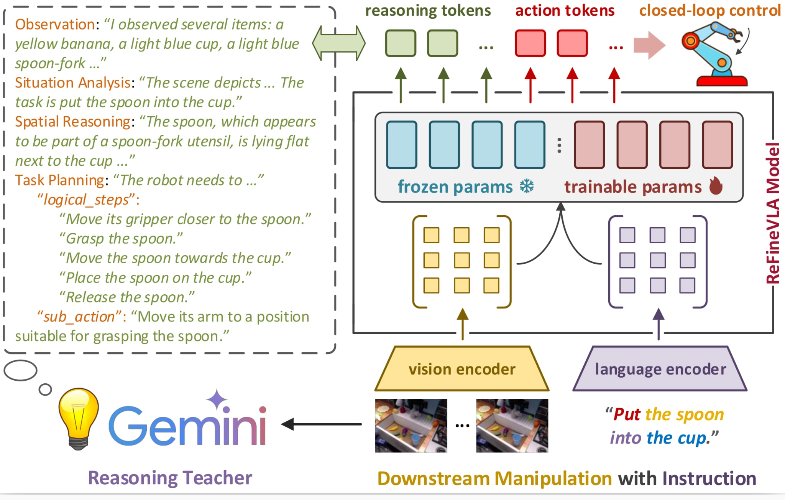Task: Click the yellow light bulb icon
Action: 79,418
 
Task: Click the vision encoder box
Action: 462,369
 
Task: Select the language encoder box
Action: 660,369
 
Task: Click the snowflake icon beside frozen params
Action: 527,186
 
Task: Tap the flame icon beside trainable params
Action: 716,186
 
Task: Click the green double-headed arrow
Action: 339,43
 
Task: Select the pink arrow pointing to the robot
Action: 649,45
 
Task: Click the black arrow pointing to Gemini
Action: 321,424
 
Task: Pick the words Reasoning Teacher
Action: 170,478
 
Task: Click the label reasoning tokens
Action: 428,11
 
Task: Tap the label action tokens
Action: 565,11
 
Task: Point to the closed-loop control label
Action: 710,10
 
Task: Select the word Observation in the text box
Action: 55,25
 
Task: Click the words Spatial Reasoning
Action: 73,122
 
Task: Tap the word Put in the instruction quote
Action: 627,414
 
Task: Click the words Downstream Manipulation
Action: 495,479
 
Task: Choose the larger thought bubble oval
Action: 20,370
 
